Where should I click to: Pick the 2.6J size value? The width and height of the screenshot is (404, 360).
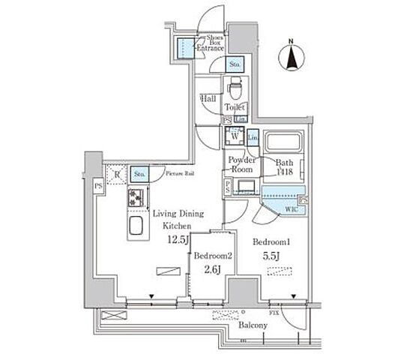(x=211, y=270)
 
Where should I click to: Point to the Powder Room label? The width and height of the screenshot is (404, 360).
(x=242, y=165)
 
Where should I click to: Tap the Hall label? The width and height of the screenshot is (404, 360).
(x=209, y=97)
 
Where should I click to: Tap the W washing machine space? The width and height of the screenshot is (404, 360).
(x=234, y=137)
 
